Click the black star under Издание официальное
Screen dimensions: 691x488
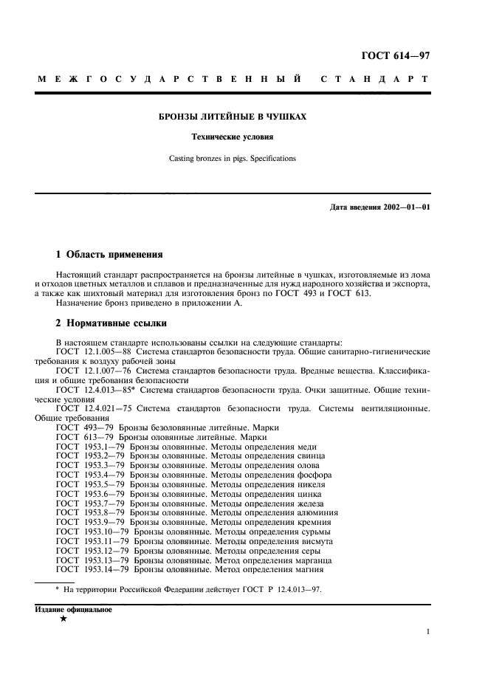pos(63,619)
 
